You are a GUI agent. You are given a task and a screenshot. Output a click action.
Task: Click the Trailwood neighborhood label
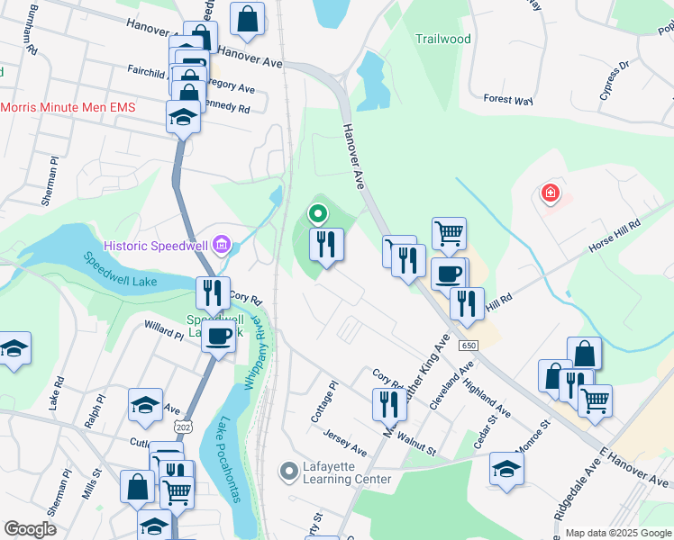pyautogui.click(x=443, y=39)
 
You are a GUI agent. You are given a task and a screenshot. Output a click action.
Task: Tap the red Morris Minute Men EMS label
pyautogui.click(x=68, y=107)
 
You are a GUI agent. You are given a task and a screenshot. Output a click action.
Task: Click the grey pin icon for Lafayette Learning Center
pyautogui.click(x=289, y=471)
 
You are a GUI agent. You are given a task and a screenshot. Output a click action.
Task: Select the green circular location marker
pyautogui.click(x=317, y=214)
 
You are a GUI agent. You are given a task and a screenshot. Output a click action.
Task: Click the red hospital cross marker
pyautogui.click(x=549, y=193)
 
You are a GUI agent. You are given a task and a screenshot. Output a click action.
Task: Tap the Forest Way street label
pyautogui.click(x=508, y=99)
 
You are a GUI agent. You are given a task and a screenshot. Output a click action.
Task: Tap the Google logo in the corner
pyautogui.click(x=30, y=529)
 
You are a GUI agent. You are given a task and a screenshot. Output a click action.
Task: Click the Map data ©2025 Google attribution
pyautogui.click(x=618, y=533)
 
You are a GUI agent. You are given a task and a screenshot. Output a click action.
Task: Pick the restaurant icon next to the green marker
pyautogui.click(x=326, y=244)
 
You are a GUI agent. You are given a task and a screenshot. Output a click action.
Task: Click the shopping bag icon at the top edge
pyautogui.click(x=246, y=18)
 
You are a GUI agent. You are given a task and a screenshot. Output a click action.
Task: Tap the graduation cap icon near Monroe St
pyautogui.click(x=507, y=468)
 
